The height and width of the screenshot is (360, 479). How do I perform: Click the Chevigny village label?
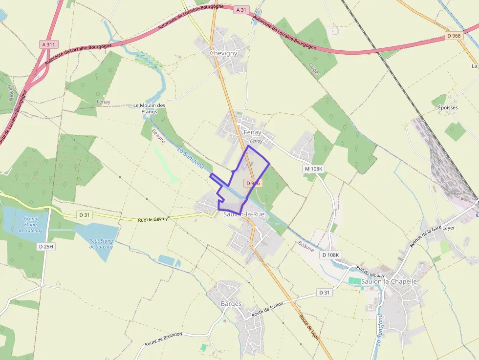click(223, 53)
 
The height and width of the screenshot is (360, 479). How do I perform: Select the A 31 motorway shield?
click(241, 10)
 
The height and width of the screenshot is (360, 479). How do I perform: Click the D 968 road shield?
click(455, 36)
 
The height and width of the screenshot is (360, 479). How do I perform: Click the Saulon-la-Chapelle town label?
click(389, 281)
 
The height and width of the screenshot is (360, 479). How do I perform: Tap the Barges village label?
click(231, 304)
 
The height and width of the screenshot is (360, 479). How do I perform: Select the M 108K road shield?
click(314, 169)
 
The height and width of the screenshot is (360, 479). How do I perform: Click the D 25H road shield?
click(46, 247)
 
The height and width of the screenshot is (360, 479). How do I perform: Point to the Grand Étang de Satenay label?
click(30, 225)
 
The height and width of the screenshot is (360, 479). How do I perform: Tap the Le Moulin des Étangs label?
click(150, 108)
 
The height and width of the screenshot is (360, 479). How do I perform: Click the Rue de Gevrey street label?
click(152, 219)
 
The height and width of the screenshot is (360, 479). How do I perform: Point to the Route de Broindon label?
click(163, 339)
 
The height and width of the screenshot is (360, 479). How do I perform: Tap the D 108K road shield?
click(330, 255)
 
